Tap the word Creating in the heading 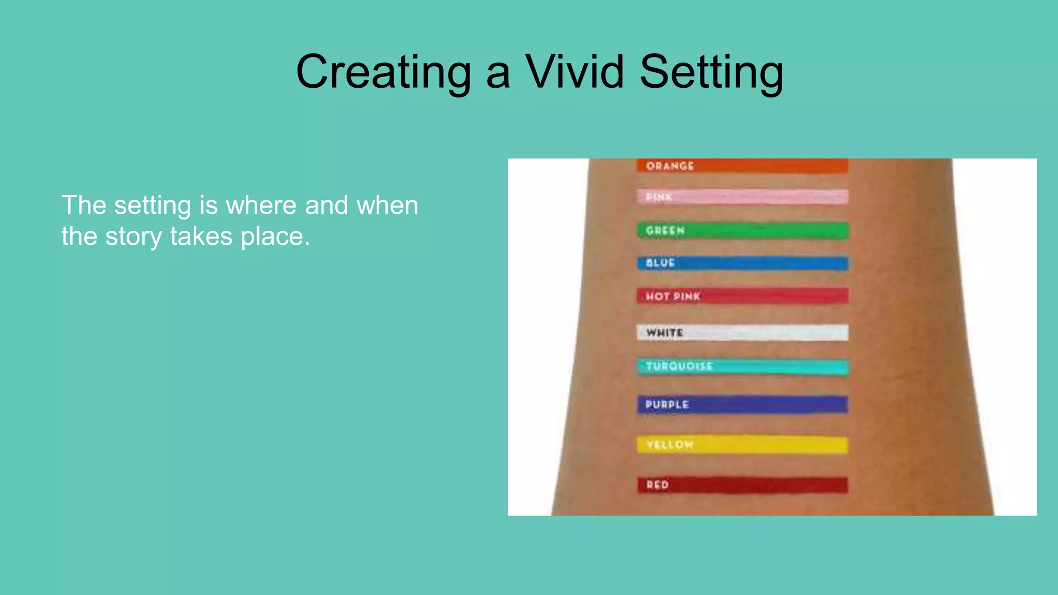pos(383,72)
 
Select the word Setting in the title pos(711,72)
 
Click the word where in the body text pos(260,205)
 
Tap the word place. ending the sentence pos(275,237)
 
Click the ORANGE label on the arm pos(670,166)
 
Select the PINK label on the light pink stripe pos(659,197)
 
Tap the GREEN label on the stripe pos(665,230)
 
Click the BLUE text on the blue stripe pos(660,263)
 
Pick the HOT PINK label pos(673,296)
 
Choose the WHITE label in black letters pos(665,333)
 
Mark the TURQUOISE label pos(679,366)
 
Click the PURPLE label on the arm pos(667,404)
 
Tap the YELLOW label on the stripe pos(670,445)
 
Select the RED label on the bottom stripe pos(657,484)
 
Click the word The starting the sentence pos(84,205)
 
